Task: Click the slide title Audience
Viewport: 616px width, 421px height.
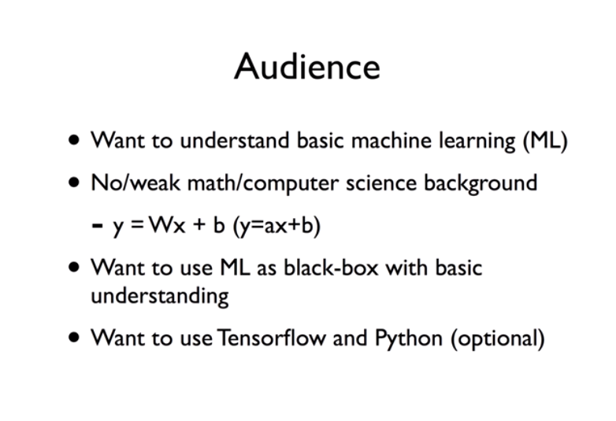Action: [306, 66]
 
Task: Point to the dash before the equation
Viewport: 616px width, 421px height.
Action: [98, 226]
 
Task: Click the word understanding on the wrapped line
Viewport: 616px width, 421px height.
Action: [160, 297]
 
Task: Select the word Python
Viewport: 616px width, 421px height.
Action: [408, 339]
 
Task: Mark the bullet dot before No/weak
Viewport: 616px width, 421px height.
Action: [74, 183]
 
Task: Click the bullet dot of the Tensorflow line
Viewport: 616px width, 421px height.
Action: [74, 338]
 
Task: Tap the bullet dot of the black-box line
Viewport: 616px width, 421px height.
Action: [74, 268]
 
